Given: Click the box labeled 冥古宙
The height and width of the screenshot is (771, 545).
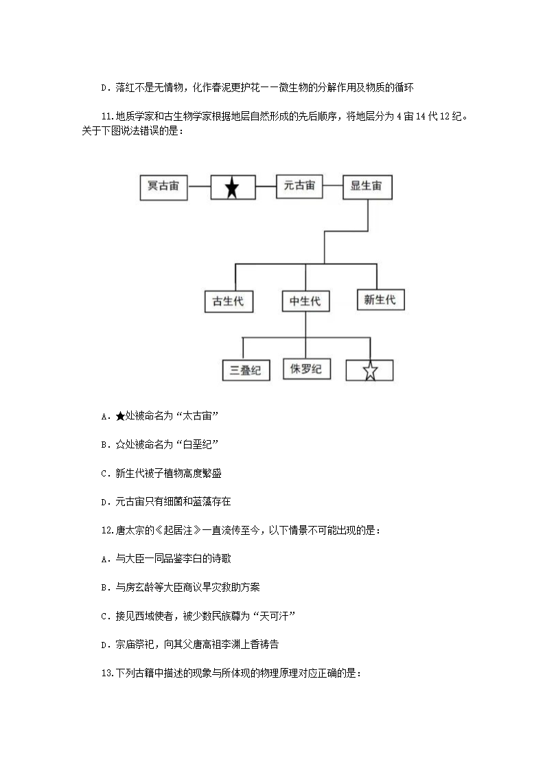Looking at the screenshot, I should pos(163,186).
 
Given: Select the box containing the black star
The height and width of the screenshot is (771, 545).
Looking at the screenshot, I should pos(232,187).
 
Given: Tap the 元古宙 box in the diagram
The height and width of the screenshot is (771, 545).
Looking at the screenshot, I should pos(299,186).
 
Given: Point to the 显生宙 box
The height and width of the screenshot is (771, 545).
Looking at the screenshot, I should pos(367,186).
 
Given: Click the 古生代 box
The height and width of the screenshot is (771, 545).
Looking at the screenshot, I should pos(229,301).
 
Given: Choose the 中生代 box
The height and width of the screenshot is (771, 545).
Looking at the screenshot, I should pos(305,301).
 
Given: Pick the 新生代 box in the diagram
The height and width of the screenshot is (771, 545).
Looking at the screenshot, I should pos(380,300).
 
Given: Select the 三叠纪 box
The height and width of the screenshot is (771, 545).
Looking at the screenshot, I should pos(246,370).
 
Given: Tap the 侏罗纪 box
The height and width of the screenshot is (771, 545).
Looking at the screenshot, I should pos(306,369).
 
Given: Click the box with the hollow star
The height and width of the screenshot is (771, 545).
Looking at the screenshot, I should pos(370,371).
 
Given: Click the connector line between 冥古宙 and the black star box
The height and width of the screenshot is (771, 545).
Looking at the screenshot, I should pos(198,186).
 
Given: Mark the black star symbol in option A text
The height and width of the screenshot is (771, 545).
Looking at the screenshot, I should pos(120,416).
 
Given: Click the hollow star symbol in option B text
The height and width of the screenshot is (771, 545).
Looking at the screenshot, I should pos(120,445).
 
